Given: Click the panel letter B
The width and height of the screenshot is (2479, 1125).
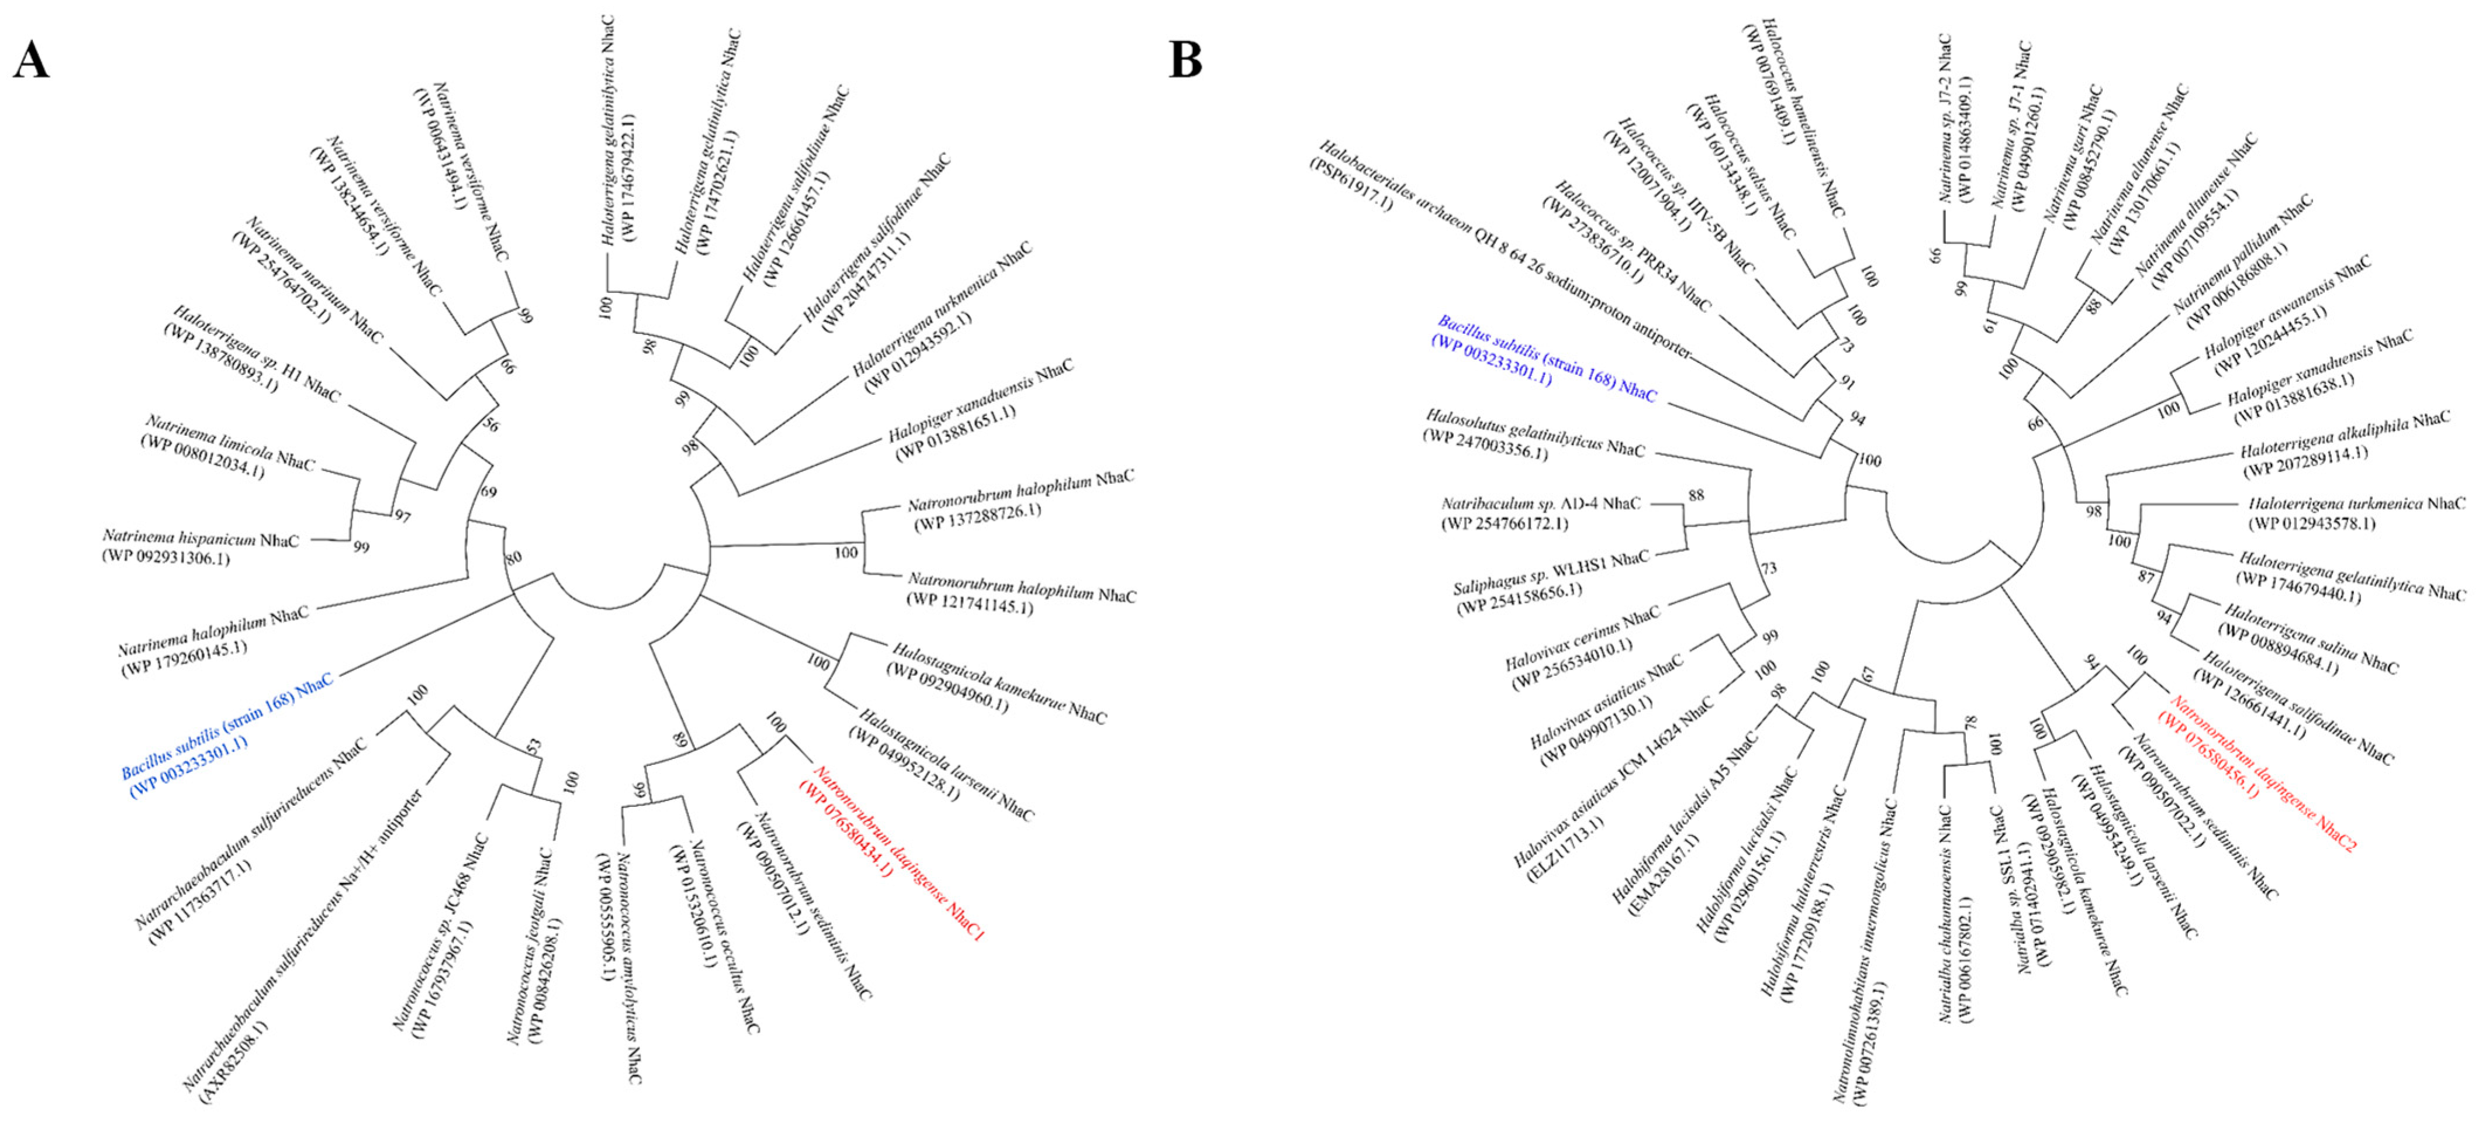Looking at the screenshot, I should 1185,60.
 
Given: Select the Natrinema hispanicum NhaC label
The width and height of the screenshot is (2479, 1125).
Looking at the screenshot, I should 200,539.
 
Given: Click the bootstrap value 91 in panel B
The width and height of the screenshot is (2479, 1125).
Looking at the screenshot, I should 1847,382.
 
